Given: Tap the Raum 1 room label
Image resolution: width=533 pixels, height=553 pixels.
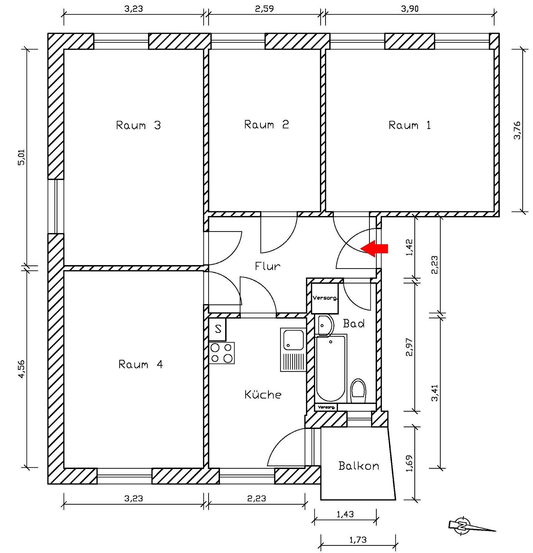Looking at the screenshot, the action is pos(410,125).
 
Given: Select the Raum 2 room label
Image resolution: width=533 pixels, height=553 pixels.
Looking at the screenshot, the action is pos(266,124).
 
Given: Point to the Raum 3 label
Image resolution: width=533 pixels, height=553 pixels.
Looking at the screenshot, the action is pos(138,125).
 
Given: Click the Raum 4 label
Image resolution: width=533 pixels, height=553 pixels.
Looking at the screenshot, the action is pos(140,364).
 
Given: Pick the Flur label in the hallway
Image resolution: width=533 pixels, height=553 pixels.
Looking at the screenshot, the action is pos(267,266).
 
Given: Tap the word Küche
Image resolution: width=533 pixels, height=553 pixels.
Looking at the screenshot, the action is pos(263,395).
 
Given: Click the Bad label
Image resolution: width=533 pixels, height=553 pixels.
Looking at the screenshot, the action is pos(353,324).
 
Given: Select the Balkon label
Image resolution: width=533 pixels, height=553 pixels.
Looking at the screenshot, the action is pos(358,466).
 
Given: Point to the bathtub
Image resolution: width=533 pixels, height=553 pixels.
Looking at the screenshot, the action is pos(330,368).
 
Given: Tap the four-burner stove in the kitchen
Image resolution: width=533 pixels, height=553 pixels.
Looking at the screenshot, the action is pos(221,353).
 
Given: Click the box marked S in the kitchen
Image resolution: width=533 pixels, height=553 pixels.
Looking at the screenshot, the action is pos(218,329).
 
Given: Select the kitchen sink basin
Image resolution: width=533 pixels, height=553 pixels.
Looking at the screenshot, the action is pos(293,339).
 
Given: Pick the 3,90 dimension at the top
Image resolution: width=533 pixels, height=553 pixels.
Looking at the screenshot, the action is pos(410,9).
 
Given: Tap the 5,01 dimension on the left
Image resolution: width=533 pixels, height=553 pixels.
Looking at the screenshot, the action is pos(21,158).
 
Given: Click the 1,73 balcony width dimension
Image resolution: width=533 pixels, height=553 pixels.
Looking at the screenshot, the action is pos(358,540).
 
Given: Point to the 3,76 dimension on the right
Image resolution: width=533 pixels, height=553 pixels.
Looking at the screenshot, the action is pos(517,130).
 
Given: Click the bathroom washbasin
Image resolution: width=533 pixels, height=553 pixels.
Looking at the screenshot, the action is pos(324,325).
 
